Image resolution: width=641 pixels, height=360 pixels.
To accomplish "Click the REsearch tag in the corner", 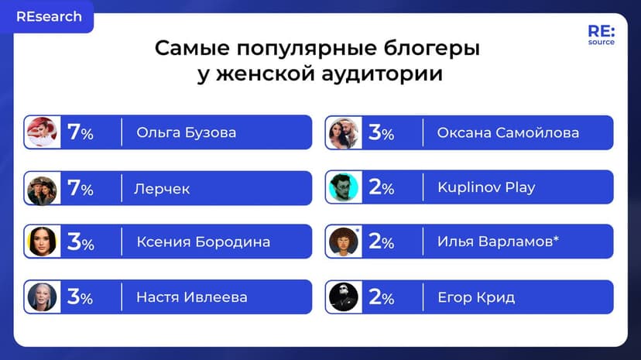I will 48,17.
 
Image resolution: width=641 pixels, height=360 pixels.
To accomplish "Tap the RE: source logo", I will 601,35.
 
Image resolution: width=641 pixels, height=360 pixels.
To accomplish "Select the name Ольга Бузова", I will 186,132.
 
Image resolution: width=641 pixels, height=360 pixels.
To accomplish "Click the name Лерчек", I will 163,188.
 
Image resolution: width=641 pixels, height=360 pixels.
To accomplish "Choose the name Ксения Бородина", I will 203,242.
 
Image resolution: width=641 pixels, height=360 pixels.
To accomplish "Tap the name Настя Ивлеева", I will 191,297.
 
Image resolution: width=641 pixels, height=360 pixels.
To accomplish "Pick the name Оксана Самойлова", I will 507,132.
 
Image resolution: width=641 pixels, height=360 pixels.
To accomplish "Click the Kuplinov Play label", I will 485,187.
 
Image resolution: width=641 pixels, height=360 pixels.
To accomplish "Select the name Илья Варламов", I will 498,242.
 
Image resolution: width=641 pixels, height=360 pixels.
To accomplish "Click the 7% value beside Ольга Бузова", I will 81,132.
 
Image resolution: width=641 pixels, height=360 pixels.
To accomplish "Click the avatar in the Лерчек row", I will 41,189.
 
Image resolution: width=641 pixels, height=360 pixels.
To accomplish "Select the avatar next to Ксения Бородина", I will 41,242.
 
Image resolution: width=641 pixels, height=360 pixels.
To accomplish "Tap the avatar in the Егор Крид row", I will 343,297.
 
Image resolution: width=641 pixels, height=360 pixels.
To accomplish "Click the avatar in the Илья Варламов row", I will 343,242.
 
